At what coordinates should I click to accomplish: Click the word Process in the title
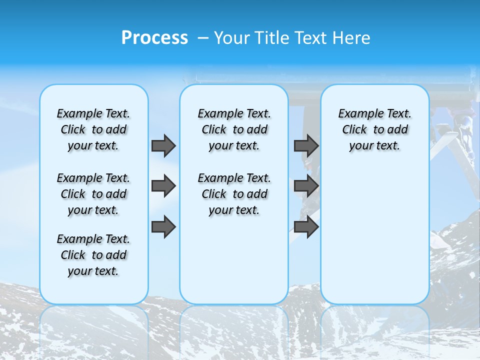point(154,38)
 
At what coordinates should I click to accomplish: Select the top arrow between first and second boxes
point(163,145)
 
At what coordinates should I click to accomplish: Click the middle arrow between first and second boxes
point(163,186)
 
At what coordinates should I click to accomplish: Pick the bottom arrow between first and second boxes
point(163,227)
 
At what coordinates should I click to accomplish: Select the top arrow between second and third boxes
point(306,145)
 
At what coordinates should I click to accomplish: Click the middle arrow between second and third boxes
point(306,186)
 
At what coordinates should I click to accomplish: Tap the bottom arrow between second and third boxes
point(306,227)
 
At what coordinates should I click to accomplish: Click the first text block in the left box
point(93,129)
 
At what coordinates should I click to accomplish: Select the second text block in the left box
point(93,194)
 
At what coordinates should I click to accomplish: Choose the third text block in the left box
point(93,255)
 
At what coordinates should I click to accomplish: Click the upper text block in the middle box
point(234,129)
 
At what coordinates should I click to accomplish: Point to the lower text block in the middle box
point(234,194)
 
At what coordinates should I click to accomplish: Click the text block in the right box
point(374,129)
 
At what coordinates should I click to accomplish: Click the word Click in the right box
point(354,130)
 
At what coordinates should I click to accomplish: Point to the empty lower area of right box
point(374,235)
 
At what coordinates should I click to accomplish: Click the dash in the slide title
point(203,38)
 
